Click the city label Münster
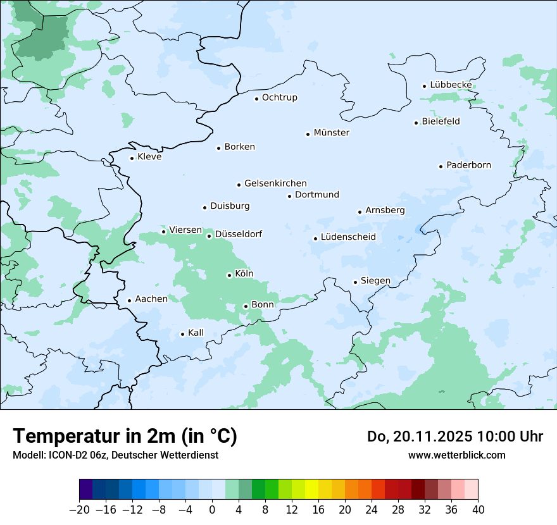click(331, 133)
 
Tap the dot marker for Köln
click(229, 275)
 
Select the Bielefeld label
click(441, 121)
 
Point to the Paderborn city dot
click(441, 166)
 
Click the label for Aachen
click(151, 299)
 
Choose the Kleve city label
click(149, 157)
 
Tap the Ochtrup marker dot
click(256, 98)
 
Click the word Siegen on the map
click(375, 281)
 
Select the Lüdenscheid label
click(348, 237)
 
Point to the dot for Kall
click(182, 334)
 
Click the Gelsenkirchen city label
click(275, 183)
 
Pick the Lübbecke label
click(451, 85)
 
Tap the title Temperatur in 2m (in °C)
click(125, 436)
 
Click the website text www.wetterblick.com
click(456, 455)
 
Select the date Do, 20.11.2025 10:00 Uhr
click(454, 436)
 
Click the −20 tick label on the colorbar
click(79, 510)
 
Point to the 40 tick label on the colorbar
click(478, 510)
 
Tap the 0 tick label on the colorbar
click(212, 510)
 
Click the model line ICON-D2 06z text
click(115, 455)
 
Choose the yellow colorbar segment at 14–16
click(311, 490)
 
